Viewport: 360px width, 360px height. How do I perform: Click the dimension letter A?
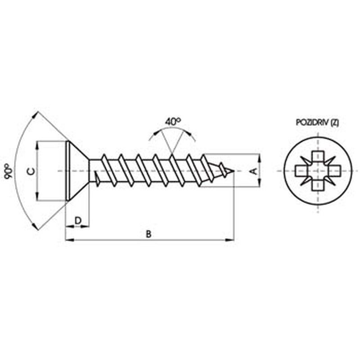coord(254,171)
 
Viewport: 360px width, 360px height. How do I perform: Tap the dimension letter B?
coord(149,234)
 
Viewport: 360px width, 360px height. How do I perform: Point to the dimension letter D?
coord(78,220)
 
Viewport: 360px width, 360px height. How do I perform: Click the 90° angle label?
coord(9,171)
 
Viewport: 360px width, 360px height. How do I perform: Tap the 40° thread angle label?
coord(173,121)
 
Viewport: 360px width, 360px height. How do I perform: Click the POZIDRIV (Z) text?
coord(317,122)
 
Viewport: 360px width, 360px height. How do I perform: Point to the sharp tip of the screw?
coord(234,171)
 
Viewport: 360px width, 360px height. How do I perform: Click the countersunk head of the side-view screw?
coord(77,171)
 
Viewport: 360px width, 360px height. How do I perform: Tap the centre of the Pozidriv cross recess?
coord(318,171)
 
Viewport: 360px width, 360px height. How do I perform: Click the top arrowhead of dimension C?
coord(37,145)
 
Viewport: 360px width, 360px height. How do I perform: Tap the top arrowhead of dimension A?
coord(260,158)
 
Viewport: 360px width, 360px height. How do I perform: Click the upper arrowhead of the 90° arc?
coord(35,116)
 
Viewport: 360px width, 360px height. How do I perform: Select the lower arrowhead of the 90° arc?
coord(35,226)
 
